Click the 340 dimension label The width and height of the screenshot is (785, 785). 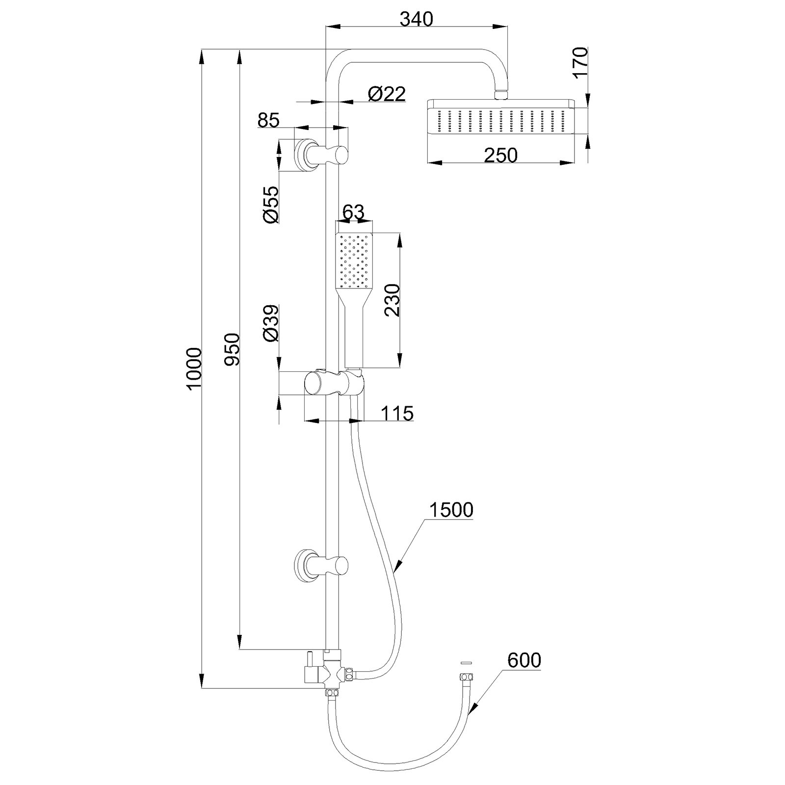pyautogui.click(x=417, y=20)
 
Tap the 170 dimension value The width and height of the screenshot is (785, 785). pyautogui.click(x=581, y=62)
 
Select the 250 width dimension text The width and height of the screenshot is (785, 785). pyautogui.click(x=500, y=155)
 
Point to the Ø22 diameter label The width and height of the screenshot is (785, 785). pyautogui.click(x=387, y=93)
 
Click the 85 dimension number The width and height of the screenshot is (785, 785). pyautogui.click(x=268, y=120)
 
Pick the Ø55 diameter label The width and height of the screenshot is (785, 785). pyautogui.click(x=270, y=205)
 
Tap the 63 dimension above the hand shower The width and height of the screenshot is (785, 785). pyautogui.click(x=353, y=212)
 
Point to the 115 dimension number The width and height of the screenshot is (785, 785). pyautogui.click(x=397, y=413)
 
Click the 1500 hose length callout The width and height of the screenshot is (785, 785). pyautogui.click(x=451, y=510)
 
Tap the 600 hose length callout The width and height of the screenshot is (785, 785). pyautogui.click(x=523, y=660)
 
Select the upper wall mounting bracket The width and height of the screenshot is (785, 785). pyautogui.click(x=321, y=155)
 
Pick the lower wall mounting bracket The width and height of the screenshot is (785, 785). pyautogui.click(x=321, y=565)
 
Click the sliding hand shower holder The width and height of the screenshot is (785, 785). pyautogui.click(x=334, y=383)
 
